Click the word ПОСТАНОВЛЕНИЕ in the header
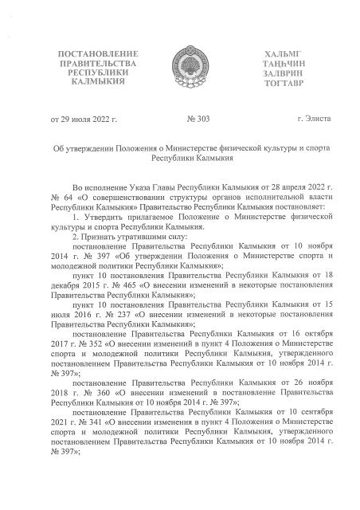[92, 53]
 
